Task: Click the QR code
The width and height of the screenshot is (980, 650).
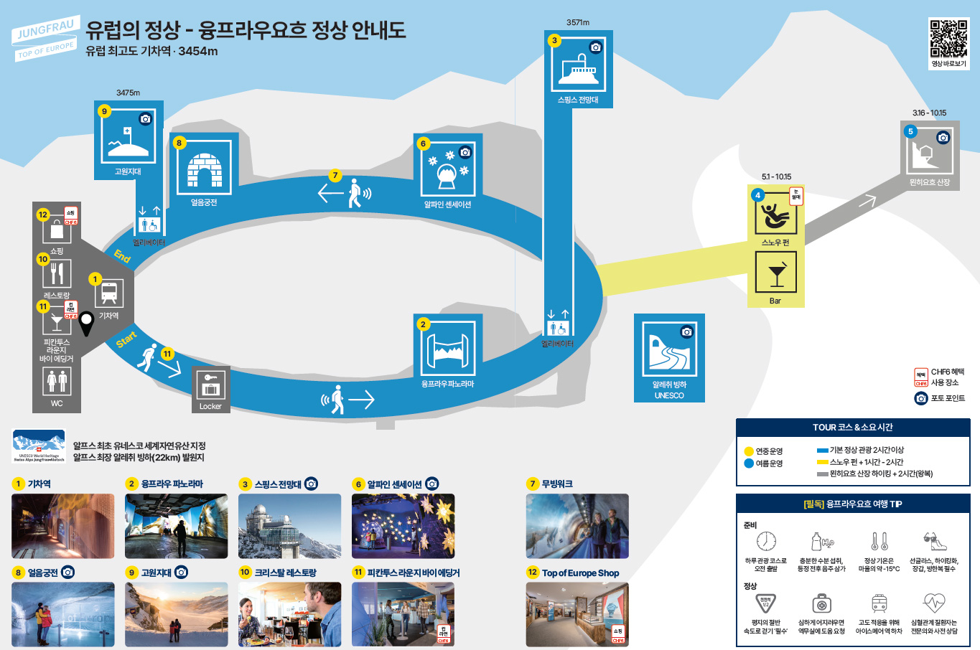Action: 948,39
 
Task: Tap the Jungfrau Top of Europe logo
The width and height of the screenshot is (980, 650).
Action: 45,40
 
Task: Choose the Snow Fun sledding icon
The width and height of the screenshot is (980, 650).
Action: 775,213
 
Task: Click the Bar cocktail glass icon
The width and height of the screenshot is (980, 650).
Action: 775,273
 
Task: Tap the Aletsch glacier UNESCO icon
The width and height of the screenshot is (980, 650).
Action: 669,349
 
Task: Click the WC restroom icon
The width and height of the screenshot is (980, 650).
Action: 57,381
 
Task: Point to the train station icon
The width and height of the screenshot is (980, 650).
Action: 109,293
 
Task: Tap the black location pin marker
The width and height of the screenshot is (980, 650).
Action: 86,323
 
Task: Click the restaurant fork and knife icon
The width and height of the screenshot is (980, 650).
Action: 57,273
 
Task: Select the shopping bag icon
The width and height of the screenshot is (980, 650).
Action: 57,231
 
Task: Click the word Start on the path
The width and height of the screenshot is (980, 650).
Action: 126,339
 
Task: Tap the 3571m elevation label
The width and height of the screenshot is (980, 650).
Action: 578,22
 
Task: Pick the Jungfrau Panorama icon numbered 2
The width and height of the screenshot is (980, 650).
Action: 448,349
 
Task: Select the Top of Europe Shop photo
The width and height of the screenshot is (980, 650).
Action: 577,614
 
